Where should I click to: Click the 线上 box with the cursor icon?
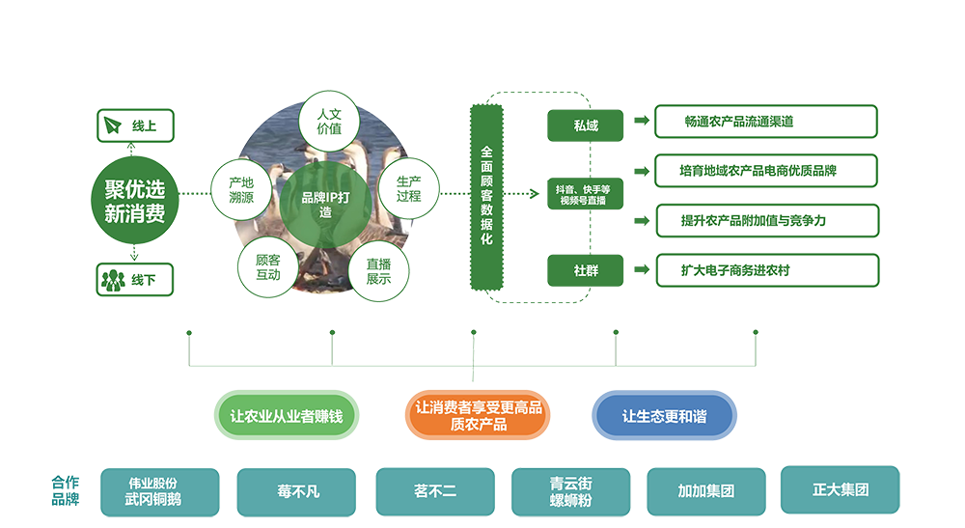[135, 125]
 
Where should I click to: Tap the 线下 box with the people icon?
[135, 280]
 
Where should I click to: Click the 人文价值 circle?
[330, 122]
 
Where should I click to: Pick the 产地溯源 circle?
[241, 188]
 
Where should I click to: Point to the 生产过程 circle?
[408, 188]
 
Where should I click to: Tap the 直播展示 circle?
[378, 270]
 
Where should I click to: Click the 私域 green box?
[586, 125]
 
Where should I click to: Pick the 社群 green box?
[586, 271]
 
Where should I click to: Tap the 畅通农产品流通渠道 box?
[766, 122]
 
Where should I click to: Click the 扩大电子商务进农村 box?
[766, 270]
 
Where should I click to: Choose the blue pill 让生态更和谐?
[663, 417]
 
